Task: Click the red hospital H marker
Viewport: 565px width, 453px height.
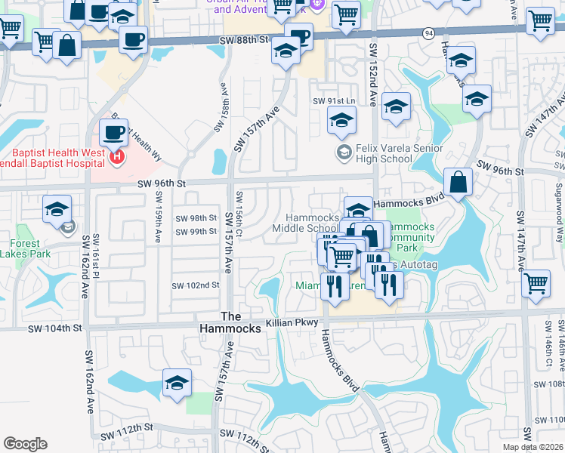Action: click(x=117, y=158)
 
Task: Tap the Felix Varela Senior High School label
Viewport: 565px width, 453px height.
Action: click(x=384, y=153)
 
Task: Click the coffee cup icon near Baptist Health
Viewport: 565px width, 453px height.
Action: click(x=113, y=132)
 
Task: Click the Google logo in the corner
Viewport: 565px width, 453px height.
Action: click(x=25, y=444)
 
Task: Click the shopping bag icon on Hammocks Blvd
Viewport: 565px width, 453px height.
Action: click(x=458, y=182)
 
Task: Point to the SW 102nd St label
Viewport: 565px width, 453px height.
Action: click(x=195, y=285)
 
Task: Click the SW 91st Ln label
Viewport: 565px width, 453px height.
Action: click(x=334, y=101)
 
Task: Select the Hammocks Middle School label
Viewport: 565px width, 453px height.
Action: click(x=306, y=223)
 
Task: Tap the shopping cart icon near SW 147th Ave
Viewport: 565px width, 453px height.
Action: click(x=536, y=284)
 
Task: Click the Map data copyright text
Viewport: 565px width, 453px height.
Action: click(x=533, y=447)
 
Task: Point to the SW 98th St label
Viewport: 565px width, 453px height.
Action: click(x=196, y=217)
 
